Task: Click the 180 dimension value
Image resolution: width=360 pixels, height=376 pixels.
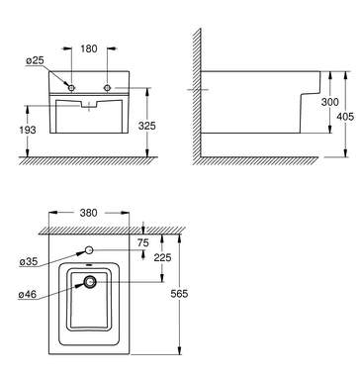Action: click(x=89, y=48)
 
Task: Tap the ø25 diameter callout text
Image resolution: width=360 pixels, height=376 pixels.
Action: click(x=35, y=60)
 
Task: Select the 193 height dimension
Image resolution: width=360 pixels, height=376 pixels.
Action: click(x=28, y=130)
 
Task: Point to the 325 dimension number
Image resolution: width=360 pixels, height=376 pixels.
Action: click(x=147, y=126)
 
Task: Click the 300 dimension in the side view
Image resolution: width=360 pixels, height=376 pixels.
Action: click(x=329, y=102)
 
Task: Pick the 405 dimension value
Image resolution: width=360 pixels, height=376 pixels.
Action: click(x=345, y=117)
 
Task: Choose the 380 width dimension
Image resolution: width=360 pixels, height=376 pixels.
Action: click(x=89, y=213)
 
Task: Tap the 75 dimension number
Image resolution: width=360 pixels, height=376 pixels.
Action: click(x=143, y=243)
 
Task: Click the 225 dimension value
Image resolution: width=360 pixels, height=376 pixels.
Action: click(x=162, y=257)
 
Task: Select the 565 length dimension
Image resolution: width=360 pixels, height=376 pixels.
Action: click(x=179, y=293)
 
